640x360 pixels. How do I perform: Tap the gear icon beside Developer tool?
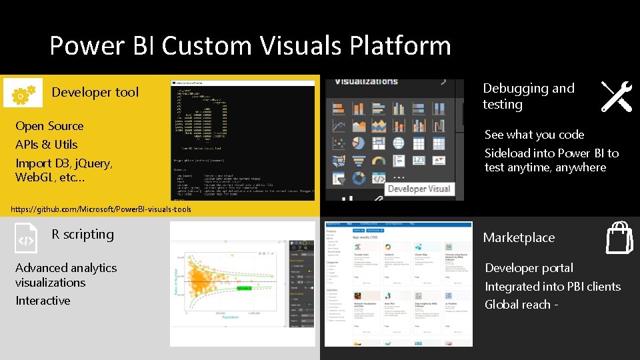[23, 93]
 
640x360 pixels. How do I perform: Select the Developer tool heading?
[95, 93]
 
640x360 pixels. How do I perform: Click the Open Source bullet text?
[49, 126]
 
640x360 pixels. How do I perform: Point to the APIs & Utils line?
[46, 145]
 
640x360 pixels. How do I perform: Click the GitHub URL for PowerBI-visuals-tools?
[101, 209]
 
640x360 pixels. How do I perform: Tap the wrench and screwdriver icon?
[617, 97]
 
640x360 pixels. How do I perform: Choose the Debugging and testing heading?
[528, 96]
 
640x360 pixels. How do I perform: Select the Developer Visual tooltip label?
[420, 189]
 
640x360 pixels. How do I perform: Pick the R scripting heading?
[83, 235]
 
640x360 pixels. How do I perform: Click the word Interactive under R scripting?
[43, 301]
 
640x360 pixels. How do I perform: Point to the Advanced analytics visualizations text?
[65, 275]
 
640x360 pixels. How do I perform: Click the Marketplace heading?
[519, 238]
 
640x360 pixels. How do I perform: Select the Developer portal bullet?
[529, 268]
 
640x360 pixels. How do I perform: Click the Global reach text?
[521, 305]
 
